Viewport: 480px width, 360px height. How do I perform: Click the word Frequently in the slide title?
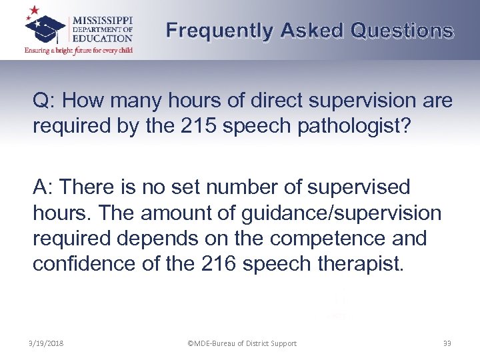[x=219, y=31]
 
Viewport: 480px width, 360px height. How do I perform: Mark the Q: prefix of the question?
[x=45, y=101]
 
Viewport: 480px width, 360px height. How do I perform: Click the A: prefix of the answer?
[x=45, y=187]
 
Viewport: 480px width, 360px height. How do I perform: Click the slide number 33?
[x=446, y=344]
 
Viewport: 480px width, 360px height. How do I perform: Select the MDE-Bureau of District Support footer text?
[x=242, y=344]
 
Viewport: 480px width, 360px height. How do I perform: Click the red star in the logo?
[x=33, y=11]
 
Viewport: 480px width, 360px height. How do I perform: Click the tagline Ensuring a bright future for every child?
[x=79, y=50]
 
